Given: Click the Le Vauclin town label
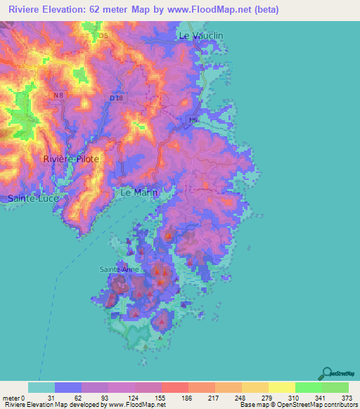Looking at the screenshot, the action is click(201, 35).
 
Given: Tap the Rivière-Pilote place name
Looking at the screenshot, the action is click(71, 160).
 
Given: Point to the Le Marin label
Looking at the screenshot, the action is click(139, 192).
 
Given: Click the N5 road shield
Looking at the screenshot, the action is click(193, 120).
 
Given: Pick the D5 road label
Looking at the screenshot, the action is click(104, 35).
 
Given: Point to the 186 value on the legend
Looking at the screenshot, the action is click(188, 397).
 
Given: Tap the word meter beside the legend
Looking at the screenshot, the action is click(11, 397).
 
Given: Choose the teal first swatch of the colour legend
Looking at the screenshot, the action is click(41, 387).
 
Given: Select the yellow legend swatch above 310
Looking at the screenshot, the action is click(282, 387).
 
